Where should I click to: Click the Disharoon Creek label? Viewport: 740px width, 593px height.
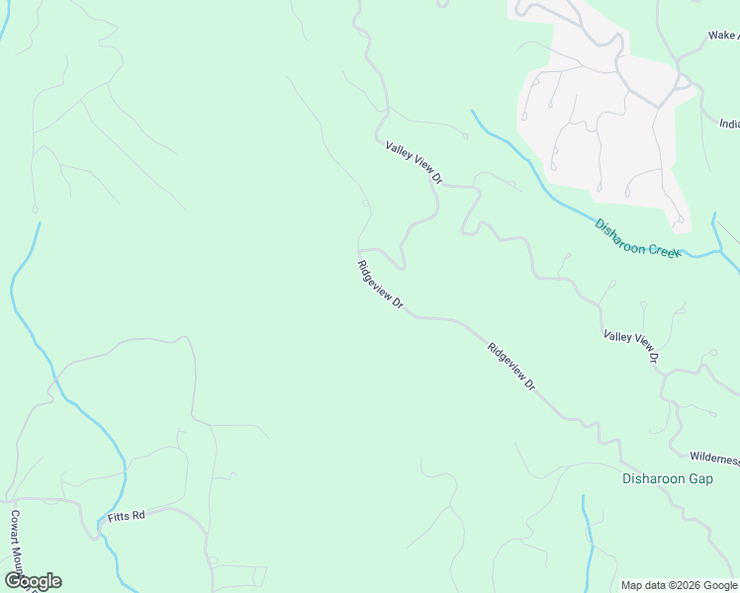tap(637, 238)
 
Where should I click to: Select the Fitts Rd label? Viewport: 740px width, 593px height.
tap(127, 516)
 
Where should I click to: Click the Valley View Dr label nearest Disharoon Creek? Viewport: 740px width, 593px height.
tap(414, 163)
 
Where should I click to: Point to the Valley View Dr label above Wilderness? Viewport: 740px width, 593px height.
tap(631, 347)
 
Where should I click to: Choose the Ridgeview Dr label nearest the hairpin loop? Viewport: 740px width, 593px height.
tap(380, 285)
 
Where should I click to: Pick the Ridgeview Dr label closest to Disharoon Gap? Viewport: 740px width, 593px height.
tap(510, 367)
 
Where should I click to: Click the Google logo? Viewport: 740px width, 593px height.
tap(33, 581)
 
